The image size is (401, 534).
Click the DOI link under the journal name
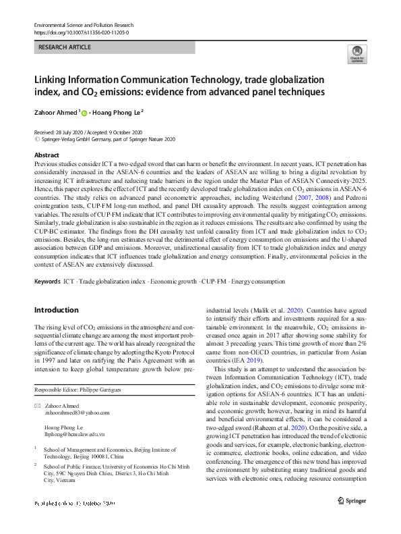pos(81,32)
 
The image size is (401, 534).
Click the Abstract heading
pos(47,155)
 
